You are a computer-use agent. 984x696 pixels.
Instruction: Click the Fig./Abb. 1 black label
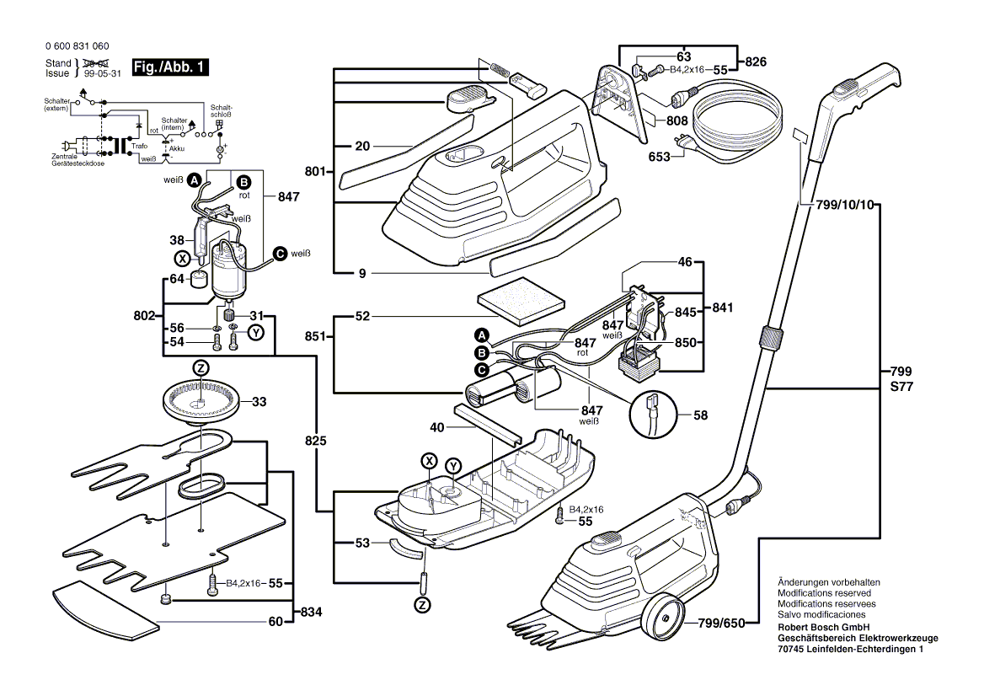(169, 67)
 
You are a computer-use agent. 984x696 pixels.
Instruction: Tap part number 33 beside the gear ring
(259, 401)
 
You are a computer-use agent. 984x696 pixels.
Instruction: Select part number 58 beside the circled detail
(700, 415)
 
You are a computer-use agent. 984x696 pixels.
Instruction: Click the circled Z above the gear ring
(201, 367)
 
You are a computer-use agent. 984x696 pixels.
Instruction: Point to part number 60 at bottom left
(275, 622)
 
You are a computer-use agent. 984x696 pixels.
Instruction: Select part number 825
(316, 441)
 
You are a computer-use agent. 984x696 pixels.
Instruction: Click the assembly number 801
(315, 172)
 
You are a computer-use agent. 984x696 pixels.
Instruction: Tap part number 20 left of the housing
(362, 146)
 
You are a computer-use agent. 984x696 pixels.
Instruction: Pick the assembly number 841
(722, 308)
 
